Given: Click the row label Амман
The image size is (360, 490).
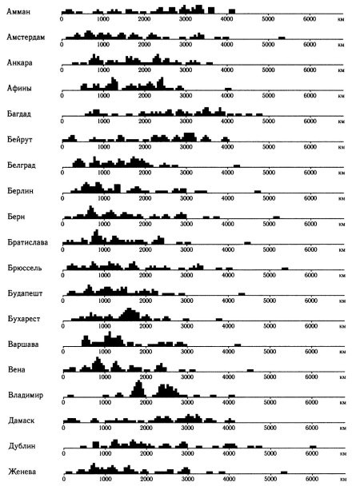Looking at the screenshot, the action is point(18,11).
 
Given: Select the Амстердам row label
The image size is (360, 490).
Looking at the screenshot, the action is point(26,38).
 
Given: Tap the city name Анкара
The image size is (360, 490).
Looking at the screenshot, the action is point(20,62).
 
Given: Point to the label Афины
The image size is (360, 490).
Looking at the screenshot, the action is point(19,88).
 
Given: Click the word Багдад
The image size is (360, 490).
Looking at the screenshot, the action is point(19,114).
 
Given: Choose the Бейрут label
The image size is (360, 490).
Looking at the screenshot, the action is point(20,139).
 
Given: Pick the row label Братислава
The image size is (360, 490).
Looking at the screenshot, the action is point(28,242).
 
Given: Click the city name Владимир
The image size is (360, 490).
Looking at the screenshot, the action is point(26,395).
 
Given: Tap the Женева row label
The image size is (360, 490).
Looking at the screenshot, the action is point(22,472).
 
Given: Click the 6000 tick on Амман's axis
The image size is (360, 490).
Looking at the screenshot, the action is point(310,19).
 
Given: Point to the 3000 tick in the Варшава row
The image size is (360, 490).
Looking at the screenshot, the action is point(187,352).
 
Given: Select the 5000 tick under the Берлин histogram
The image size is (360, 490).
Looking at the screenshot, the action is point(269,198).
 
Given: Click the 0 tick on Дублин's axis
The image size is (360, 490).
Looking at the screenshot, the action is point(64,453).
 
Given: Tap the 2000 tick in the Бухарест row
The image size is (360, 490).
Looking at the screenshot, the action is point(146,326).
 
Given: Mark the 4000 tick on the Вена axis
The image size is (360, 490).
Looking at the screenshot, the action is point(228,376).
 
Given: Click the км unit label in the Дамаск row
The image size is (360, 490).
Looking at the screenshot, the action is point(342,428).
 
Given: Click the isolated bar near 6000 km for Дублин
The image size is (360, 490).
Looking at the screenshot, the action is point(313,447).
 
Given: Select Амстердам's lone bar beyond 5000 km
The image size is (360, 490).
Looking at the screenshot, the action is point(282,38).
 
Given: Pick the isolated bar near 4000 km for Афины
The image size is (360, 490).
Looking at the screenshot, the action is point(228,90).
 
